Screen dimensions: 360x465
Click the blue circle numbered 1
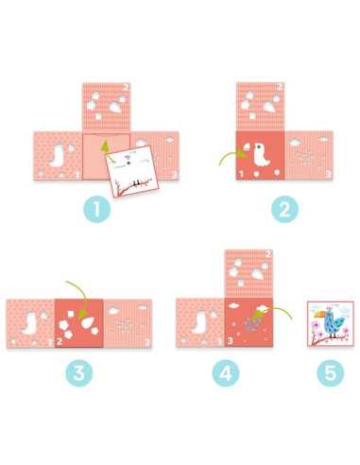point(97,209)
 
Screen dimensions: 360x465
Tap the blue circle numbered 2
point(284,209)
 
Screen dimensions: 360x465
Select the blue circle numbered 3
point(79,372)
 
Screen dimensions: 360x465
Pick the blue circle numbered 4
point(226,372)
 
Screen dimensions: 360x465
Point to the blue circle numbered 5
point(331,372)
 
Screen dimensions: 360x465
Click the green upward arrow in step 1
point(106,148)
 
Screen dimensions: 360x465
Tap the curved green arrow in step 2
point(232,157)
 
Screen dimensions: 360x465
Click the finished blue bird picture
point(331,324)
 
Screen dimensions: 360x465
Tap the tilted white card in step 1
point(132,171)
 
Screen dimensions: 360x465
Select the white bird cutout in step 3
point(29,323)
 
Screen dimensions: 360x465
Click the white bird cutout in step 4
point(199,322)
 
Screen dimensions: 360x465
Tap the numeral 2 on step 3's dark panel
point(60,341)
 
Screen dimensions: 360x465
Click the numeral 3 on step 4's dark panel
point(230,341)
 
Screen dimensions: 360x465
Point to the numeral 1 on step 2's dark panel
point(241,173)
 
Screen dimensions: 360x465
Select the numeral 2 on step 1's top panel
point(126,87)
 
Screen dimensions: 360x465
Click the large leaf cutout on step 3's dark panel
point(89,321)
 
